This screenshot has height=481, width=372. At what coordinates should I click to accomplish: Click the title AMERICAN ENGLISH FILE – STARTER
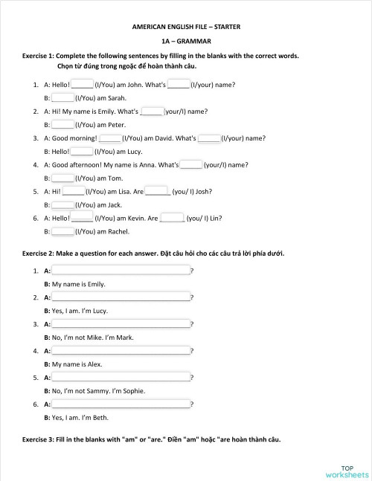point(186,27)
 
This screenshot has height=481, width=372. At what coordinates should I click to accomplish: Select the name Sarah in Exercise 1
point(118,98)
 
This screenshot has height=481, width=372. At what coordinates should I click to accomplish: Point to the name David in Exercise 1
point(165,138)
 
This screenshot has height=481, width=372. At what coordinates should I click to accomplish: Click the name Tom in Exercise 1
point(115,178)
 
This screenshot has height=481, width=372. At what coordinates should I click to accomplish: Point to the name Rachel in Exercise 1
point(119,232)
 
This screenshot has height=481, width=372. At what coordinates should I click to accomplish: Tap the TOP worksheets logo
point(346,471)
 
